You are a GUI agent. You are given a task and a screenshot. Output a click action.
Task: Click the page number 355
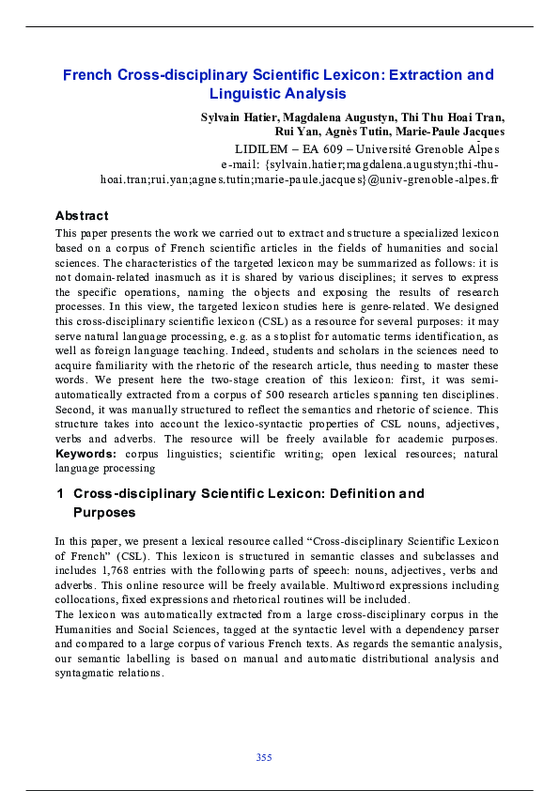pos(264,757)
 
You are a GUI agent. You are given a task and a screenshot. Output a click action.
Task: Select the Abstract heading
pos(82,215)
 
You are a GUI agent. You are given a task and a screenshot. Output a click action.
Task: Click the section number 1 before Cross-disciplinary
pos(59,494)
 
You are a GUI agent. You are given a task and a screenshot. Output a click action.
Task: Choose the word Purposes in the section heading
pos(104,513)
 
